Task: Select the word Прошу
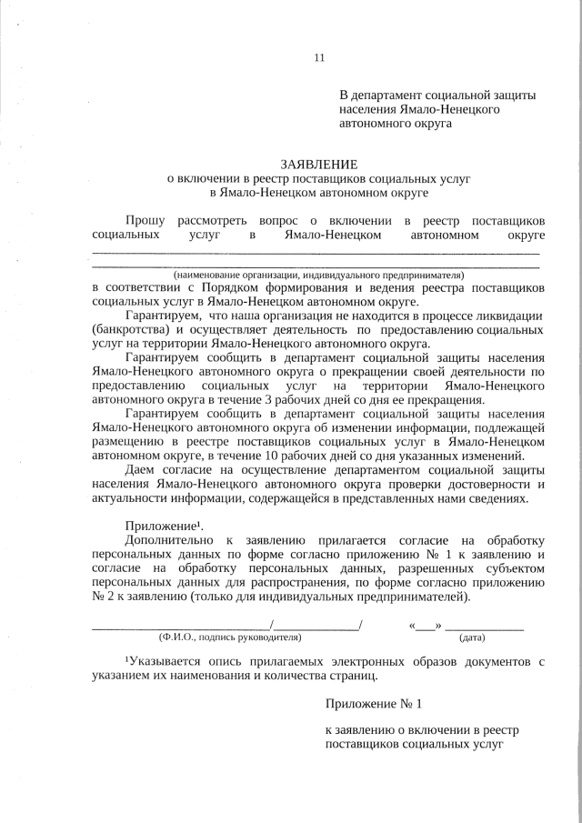(145, 220)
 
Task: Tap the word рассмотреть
(216, 220)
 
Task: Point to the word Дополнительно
(169, 540)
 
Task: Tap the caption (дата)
(472, 637)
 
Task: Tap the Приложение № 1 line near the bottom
(374, 704)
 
